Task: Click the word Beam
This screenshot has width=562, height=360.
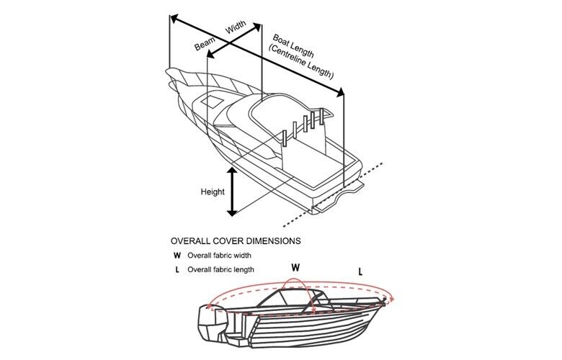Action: (x=205, y=43)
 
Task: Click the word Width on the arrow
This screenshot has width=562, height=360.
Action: (x=236, y=27)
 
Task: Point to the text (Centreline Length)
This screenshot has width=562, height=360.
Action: (x=300, y=62)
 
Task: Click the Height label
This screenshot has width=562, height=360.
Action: (x=213, y=192)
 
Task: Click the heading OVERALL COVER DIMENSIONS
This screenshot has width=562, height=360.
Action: (x=236, y=240)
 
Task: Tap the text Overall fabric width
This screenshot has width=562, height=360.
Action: (x=219, y=255)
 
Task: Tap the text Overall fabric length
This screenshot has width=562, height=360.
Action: (x=220, y=270)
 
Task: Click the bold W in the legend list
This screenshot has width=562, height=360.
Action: (x=177, y=255)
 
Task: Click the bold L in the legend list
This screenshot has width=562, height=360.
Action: (x=177, y=270)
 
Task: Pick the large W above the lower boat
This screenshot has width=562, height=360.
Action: (x=295, y=267)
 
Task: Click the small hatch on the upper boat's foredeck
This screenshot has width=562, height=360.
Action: (x=213, y=102)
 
